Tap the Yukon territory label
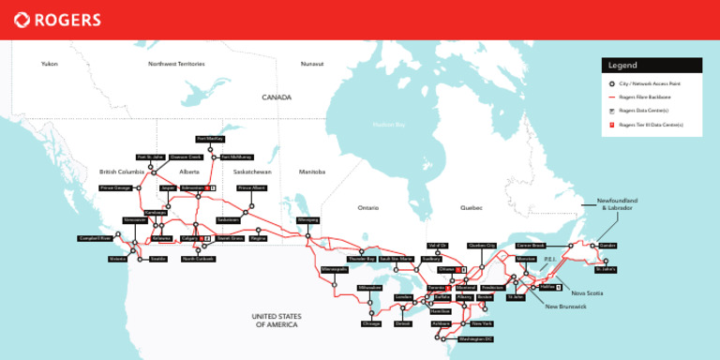pyautogui.click(x=50, y=64)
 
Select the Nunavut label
pyautogui.click(x=312, y=64)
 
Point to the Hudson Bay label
pyautogui.click(x=388, y=124)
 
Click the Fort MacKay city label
pyautogui.click(x=209, y=139)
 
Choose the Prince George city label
pyautogui.click(x=115, y=187)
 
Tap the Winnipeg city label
pyautogui.click(x=307, y=220)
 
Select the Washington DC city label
pyautogui.click(x=476, y=337)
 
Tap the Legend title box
pyautogui.click(x=652, y=66)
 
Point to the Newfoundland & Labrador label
pyautogui.click(x=617, y=204)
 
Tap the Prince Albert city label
pyautogui.click(x=250, y=187)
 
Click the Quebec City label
pyautogui.click(x=481, y=245)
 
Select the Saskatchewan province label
pyautogui.click(x=252, y=172)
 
